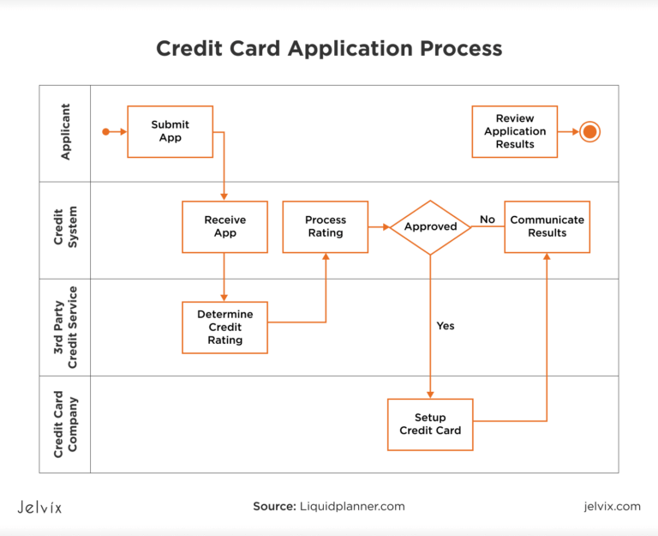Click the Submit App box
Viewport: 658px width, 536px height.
170,131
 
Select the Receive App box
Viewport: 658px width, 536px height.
224,226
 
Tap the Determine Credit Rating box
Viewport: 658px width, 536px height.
224,327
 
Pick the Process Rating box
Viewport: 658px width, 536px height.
326,226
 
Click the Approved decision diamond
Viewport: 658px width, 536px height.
430,227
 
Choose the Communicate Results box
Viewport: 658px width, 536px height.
547,226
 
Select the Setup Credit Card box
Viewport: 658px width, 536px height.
430,424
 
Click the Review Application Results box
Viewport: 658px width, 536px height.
514,131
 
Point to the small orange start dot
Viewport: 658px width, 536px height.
105,131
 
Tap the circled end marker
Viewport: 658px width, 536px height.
589,131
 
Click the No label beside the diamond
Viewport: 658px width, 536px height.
488,220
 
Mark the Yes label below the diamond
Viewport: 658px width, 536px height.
446,326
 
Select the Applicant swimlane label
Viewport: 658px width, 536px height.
65,132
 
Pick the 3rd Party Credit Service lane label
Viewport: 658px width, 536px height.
65,327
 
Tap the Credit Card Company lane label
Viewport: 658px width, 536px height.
65,424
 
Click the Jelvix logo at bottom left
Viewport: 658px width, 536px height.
39,507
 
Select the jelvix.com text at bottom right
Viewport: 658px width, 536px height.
610,507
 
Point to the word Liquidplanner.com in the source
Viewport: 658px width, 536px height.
352,507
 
